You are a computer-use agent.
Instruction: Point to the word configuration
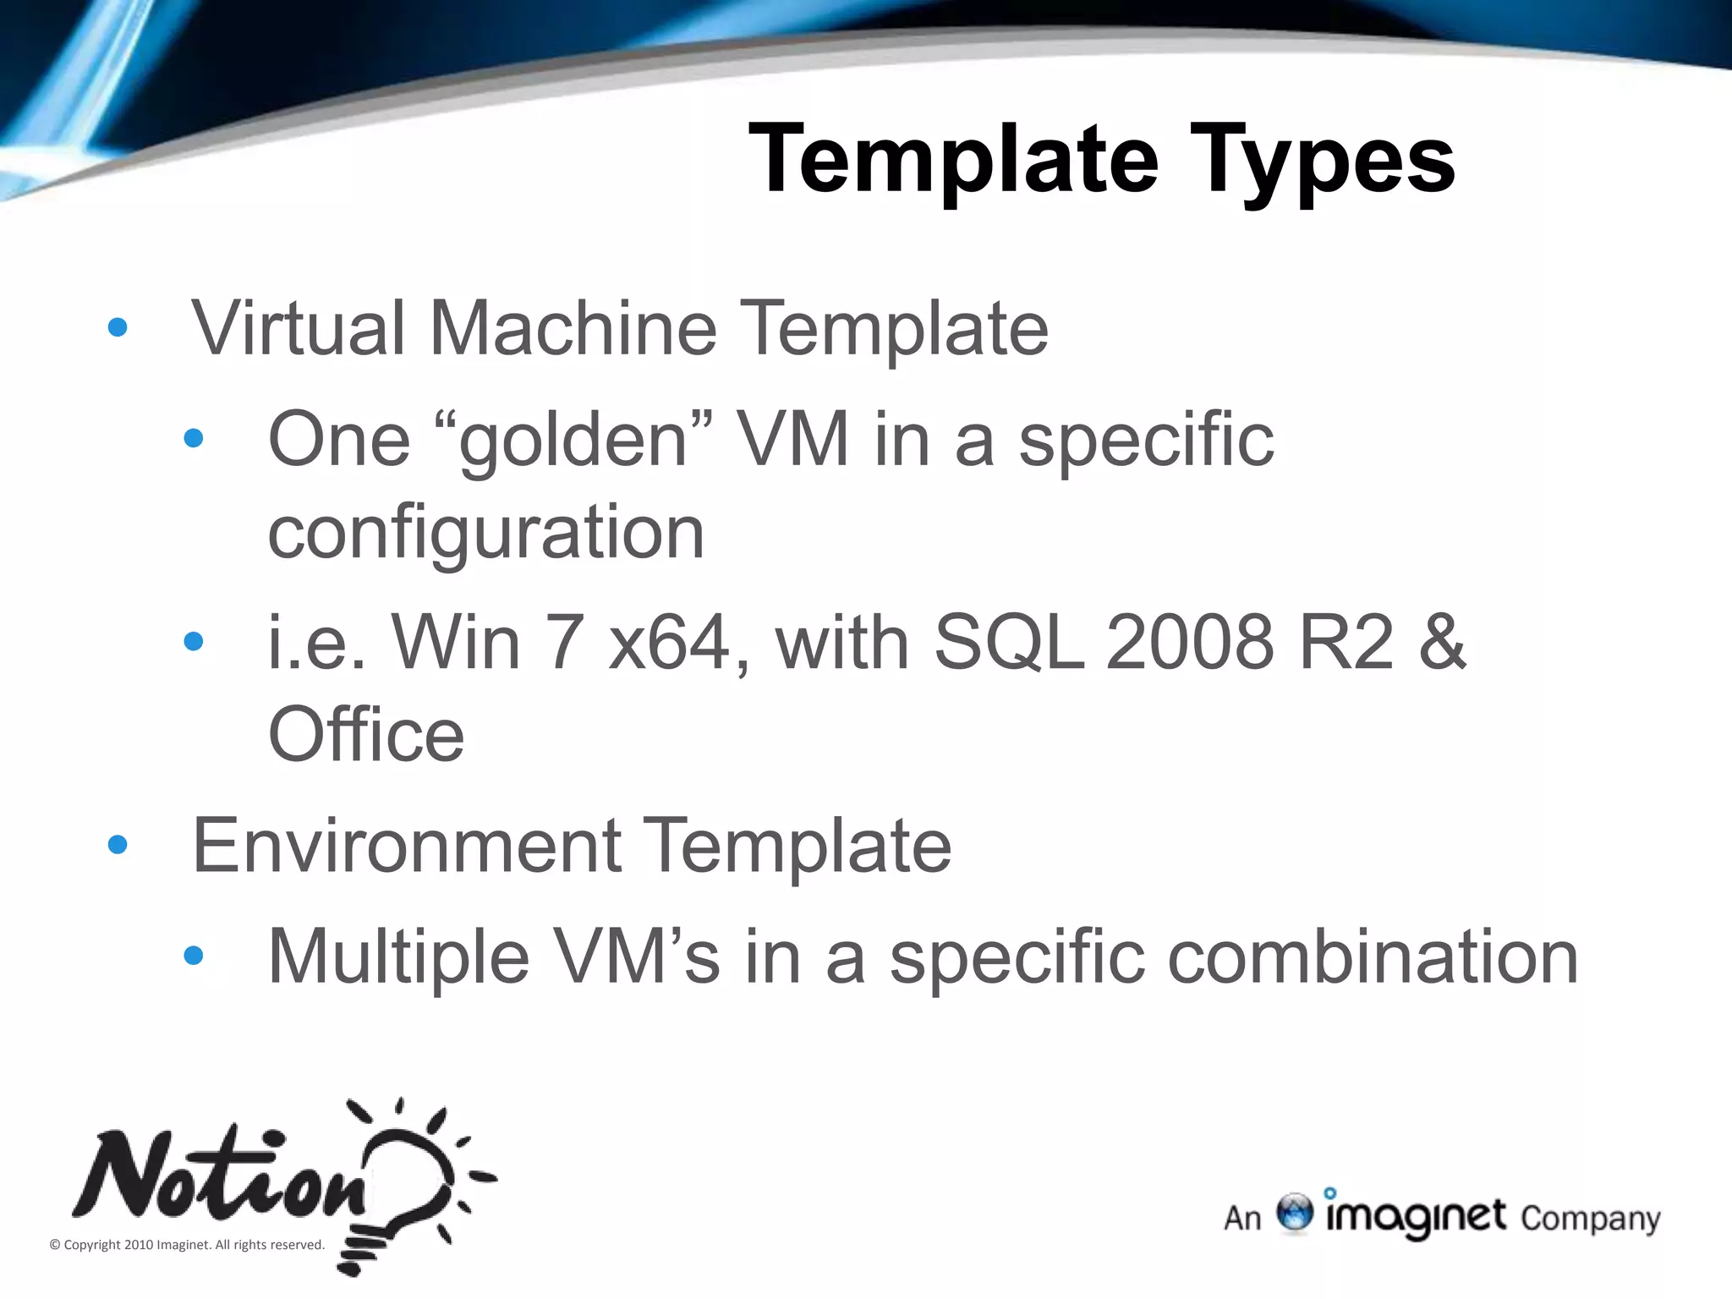click(485, 533)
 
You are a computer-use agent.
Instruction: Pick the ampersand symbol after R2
click(1441, 643)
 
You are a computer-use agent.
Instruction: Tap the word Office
click(366, 734)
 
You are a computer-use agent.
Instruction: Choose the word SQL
click(1009, 643)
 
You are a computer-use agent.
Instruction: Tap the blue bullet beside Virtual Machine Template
click(118, 328)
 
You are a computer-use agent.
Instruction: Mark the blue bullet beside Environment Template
click(118, 845)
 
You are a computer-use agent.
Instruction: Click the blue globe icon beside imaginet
click(1294, 1212)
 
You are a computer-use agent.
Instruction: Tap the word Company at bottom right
click(1590, 1219)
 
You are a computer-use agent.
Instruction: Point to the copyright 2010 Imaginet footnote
click(187, 1245)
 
